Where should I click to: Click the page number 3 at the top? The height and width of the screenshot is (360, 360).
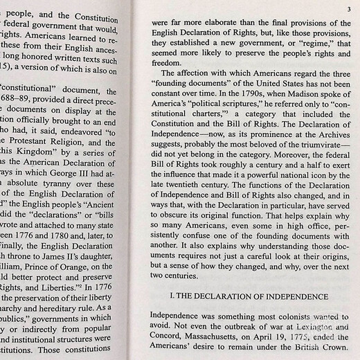349,8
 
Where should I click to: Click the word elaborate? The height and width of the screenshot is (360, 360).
221,21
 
